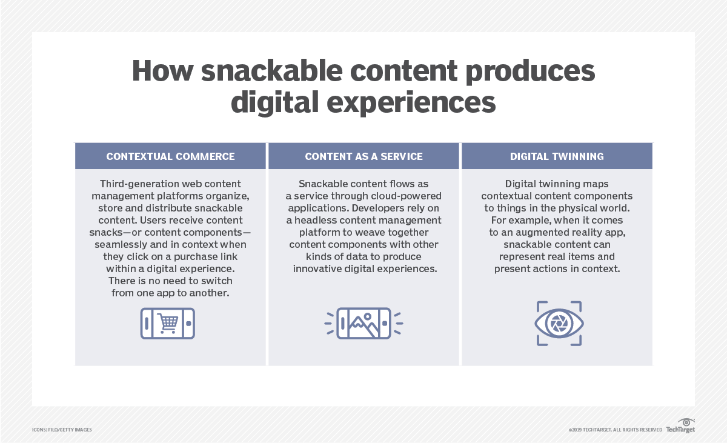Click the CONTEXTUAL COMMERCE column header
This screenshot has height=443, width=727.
click(170, 156)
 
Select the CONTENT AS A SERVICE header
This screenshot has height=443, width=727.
click(363, 156)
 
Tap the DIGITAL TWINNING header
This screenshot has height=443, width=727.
click(557, 156)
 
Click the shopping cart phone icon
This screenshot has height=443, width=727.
click(168, 323)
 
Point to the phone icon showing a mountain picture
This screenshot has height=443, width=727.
click(363, 323)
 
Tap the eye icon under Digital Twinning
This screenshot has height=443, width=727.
click(559, 324)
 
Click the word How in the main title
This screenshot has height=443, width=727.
click(162, 72)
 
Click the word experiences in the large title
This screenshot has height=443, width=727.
click(405, 102)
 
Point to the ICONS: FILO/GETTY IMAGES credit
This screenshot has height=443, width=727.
click(62, 430)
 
